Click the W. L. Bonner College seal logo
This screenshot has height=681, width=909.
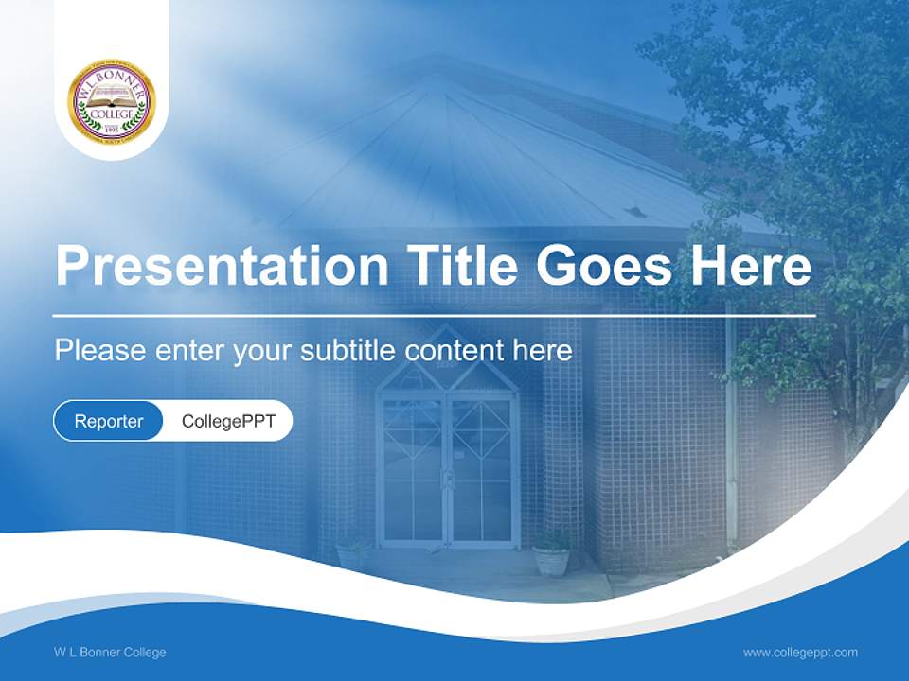point(112,100)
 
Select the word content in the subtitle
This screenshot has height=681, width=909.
point(454,351)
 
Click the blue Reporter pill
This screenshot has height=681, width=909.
point(109,421)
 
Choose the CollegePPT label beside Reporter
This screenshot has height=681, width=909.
point(228,421)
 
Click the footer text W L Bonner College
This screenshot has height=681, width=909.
point(110,652)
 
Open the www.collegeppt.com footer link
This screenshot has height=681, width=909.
point(800,652)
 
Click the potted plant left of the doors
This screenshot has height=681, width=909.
point(353,553)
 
